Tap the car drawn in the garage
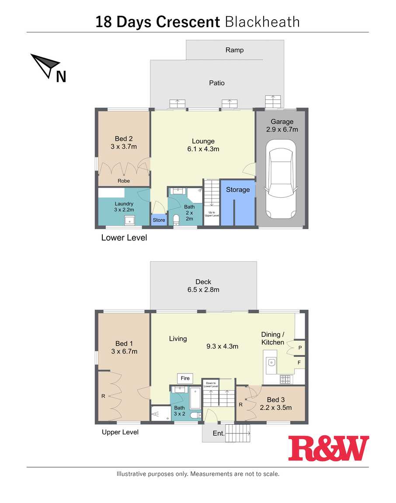[281, 179]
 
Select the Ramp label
[234, 50]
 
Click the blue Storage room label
[238, 189]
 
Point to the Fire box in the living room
[185, 378]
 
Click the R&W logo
[328, 448]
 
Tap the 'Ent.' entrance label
[219, 433]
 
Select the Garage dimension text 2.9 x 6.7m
[282, 129]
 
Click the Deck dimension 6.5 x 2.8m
[203, 290]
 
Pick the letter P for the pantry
[300, 348]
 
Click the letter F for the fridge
[299, 363]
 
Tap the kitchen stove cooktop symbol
[285, 380]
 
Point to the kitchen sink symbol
[271, 363]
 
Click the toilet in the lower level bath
[176, 220]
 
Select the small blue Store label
[159, 220]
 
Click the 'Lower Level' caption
[124, 238]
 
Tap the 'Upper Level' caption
[120, 432]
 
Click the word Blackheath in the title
[262, 22]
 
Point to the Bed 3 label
[276, 400]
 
